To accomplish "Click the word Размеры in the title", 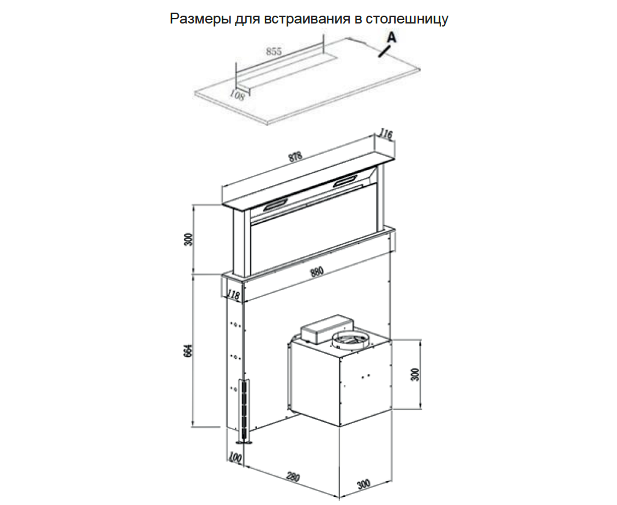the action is (200, 19).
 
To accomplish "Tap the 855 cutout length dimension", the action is (274, 51).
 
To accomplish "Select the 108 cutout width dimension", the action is (237, 95).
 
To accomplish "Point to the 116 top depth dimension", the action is (385, 134).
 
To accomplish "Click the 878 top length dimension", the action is (295, 157).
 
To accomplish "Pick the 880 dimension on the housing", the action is (317, 272).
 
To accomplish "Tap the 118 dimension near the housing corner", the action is (234, 295).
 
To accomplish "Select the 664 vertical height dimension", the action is (188, 351).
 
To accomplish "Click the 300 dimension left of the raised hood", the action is (189, 239).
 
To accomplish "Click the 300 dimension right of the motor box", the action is (415, 374).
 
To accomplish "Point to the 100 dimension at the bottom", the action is (235, 458).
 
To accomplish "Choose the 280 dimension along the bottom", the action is (293, 477).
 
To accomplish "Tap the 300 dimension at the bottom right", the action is (364, 483).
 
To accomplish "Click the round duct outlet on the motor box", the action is (352, 339).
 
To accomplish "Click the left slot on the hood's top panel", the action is (276, 204).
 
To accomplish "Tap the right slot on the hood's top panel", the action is (347, 180).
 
